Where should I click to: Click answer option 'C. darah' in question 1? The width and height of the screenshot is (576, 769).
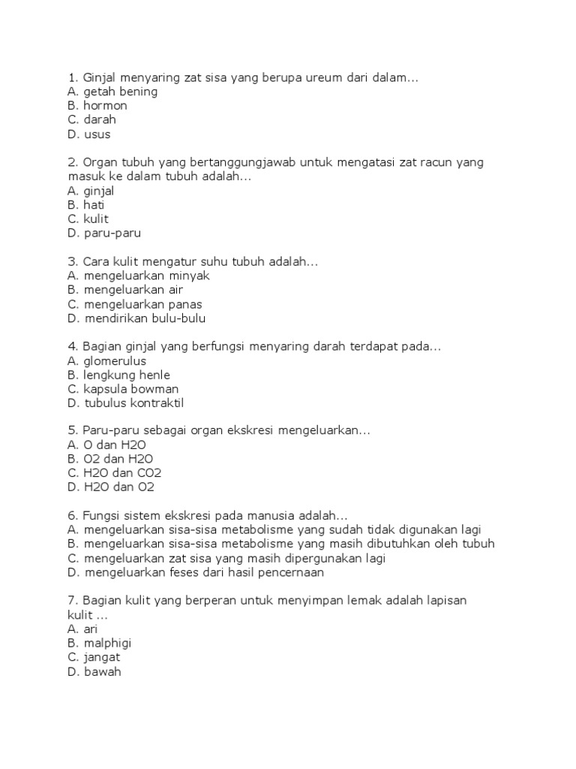point(91,120)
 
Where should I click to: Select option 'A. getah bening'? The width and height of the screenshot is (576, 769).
point(112,92)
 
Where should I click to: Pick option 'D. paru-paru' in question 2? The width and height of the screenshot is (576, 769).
point(103,234)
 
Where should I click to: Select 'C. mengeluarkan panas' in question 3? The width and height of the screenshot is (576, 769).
point(134,305)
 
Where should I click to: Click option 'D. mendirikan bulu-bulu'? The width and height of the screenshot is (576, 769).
point(136,319)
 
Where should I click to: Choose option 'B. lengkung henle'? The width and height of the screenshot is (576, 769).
point(118,375)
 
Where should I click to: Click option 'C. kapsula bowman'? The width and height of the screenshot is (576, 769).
point(124,390)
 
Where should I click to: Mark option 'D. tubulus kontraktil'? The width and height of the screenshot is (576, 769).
point(125,404)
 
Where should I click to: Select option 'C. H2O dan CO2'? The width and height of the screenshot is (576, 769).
point(114,474)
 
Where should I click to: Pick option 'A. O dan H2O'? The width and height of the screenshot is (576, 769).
point(109,445)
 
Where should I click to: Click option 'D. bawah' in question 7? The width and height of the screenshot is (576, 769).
point(94,673)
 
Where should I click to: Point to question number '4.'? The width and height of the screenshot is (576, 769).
point(72,347)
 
